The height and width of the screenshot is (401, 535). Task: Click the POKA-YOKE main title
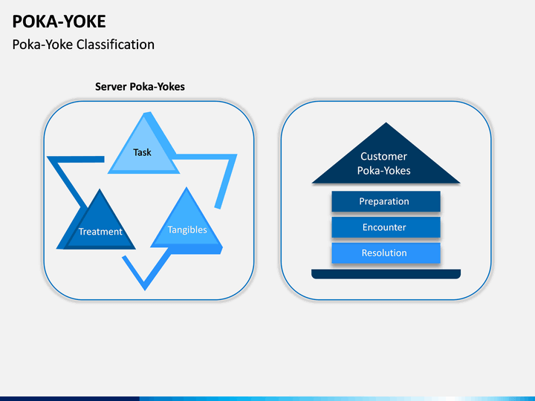(59, 22)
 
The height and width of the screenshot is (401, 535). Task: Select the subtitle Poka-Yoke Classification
(83, 45)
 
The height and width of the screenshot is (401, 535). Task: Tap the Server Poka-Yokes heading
(140, 87)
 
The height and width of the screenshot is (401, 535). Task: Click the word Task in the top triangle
(142, 152)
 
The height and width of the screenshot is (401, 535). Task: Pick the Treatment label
(100, 232)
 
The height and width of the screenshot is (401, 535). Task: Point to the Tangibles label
(187, 229)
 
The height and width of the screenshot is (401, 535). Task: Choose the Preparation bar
(386, 201)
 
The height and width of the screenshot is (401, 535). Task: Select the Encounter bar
(386, 227)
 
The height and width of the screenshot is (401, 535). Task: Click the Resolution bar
(386, 253)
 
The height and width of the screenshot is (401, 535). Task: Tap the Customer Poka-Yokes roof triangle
(386, 160)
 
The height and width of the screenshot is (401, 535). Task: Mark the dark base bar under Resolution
(386, 274)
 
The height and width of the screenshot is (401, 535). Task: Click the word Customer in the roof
(383, 156)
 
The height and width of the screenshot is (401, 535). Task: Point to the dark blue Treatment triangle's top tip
(100, 189)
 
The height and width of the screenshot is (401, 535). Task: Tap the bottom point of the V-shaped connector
(145, 290)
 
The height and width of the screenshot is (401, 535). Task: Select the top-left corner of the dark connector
(47, 157)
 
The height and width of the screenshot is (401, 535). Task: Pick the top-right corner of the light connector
(237, 154)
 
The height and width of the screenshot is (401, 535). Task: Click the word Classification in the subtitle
(115, 45)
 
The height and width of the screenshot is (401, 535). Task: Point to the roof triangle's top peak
(386, 123)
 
